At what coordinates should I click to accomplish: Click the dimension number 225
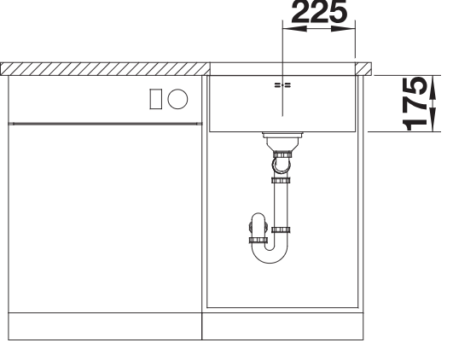tap(319, 12)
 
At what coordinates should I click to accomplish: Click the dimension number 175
tap(415, 103)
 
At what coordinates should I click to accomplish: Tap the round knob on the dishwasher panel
tap(177, 99)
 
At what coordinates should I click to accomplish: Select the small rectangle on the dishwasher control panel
tap(156, 99)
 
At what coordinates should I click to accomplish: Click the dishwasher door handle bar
tap(105, 124)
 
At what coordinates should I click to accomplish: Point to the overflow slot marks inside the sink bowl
tap(282, 85)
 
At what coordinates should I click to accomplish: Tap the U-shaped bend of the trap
tap(270, 253)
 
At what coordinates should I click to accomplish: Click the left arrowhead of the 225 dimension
tap(294, 29)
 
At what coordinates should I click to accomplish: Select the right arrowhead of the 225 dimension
tap(343, 29)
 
